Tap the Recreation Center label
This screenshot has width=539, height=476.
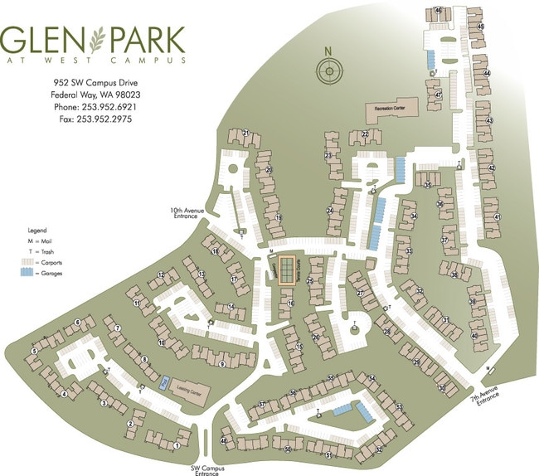click(x=390, y=109)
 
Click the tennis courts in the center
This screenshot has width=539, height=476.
click(x=287, y=271)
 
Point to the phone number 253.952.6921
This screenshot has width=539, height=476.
click(x=95, y=108)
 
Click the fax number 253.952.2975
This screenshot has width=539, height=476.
click(x=95, y=119)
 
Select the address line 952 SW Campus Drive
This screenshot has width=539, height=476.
click(x=95, y=84)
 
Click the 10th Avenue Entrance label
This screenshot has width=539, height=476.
click(x=187, y=213)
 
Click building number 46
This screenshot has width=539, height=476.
click(x=438, y=11)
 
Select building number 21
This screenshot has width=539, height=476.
click(x=246, y=133)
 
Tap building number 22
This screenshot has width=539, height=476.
click(x=365, y=134)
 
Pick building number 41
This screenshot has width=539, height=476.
click(x=498, y=216)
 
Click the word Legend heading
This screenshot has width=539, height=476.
click(x=36, y=228)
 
